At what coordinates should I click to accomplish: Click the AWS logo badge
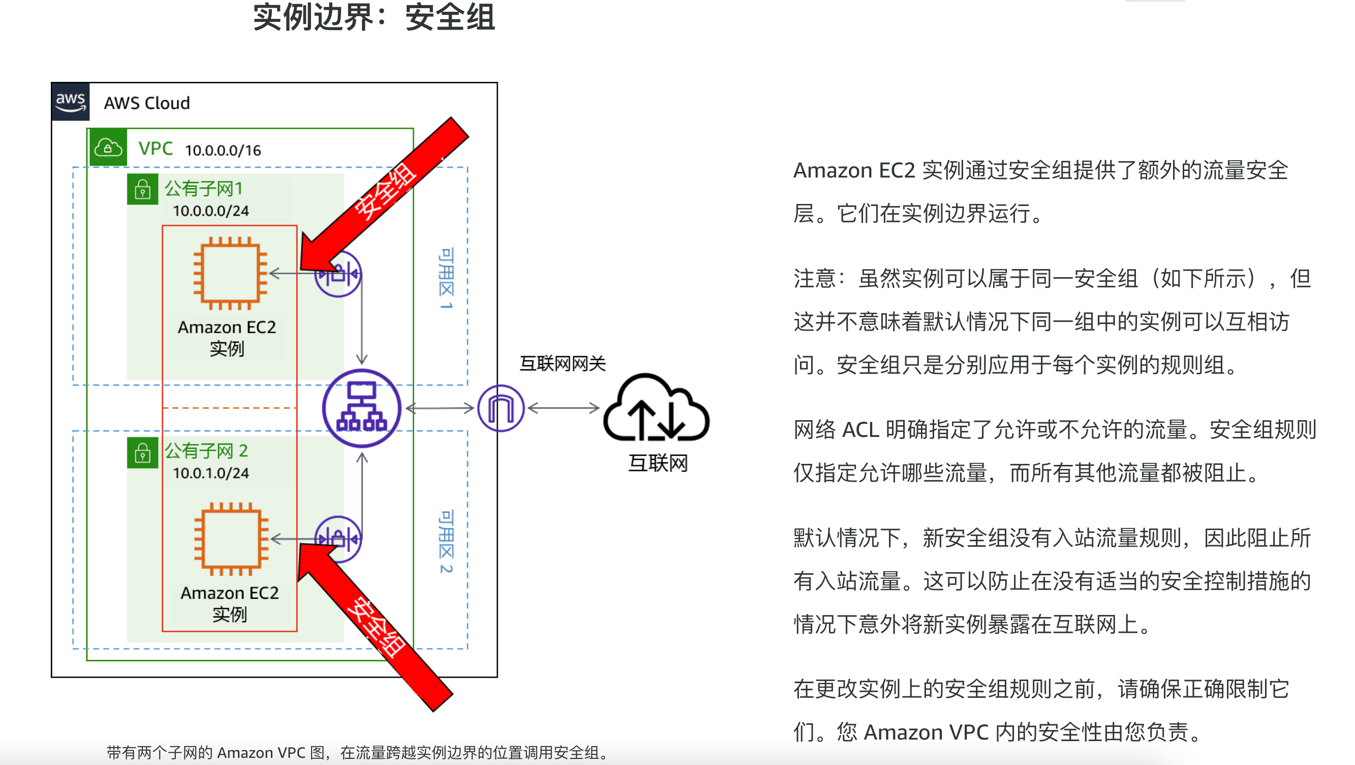click(x=71, y=102)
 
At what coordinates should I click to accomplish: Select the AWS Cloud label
click(x=147, y=103)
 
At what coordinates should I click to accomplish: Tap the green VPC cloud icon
click(x=108, y=148)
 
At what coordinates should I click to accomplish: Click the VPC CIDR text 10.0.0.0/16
click(x=223, y=151)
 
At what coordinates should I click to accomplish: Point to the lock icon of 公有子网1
click(x=142, y=189)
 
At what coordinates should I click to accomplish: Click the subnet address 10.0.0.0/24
click(x=211, y=211)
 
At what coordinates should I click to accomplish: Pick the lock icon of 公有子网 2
click(x=142, y=453)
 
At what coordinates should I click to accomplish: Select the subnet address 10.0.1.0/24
click(x=211, y=474)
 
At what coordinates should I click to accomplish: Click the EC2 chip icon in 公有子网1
click(x=230, y=273)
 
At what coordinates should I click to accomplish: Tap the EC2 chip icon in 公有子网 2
click(x=231, y=539)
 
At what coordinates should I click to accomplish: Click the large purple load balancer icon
click(x=362, y=408)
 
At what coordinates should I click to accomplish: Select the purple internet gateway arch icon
click(x=501, y=408)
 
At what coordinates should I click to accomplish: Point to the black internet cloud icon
click(x=657, y=408)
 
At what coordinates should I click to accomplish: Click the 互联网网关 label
click(x=563, y=364)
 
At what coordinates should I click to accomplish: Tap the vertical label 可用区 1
click(x=446, y=278)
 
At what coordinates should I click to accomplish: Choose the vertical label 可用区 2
click(x=446, y=541)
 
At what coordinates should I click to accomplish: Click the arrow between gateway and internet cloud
click(x=563, y=408)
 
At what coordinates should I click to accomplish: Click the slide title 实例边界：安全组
click(x=374, y=17)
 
